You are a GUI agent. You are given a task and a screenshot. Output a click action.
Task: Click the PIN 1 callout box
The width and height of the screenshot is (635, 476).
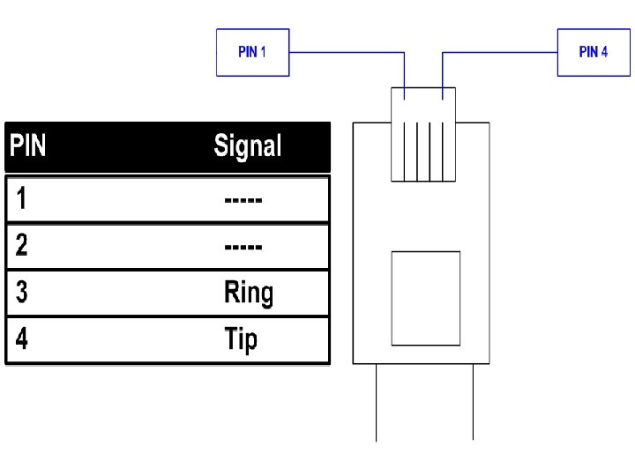point(252,53)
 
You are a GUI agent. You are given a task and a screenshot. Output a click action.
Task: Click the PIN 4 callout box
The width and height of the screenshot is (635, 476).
point(593,53)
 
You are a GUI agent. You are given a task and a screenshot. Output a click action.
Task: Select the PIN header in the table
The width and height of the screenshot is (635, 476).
point(27,145)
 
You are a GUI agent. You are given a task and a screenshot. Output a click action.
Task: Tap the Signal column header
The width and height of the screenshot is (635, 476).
point(248,145)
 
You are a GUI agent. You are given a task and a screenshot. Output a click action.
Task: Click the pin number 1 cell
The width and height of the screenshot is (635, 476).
point(21,199)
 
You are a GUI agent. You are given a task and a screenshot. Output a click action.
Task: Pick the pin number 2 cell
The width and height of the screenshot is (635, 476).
point(21,245)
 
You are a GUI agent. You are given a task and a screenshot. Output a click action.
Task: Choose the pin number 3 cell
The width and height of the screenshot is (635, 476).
point(21,293)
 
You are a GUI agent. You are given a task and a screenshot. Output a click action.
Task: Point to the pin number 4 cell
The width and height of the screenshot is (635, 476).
point(21,339)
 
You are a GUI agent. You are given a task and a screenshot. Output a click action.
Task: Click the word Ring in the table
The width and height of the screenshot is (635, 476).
point(249,293)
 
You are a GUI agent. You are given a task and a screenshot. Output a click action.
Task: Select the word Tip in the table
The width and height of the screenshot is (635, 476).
point(241,339)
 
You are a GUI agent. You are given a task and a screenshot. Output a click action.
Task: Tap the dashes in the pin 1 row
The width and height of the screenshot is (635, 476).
point(243,200)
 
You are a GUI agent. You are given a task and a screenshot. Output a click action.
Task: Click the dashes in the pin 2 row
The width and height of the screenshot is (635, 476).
point(243,246)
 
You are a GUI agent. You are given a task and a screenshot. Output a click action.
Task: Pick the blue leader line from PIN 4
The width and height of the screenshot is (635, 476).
point(499,52)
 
